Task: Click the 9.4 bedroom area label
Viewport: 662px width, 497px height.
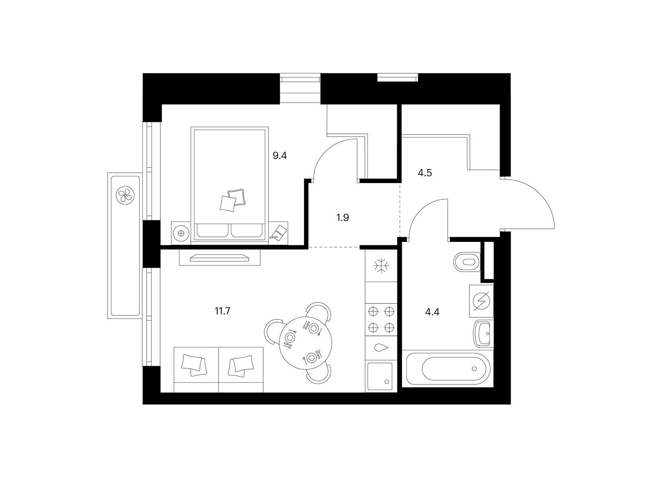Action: tap(279, 156)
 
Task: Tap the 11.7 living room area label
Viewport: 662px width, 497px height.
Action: tap(222, 311)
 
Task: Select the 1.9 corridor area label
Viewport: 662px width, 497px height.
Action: tap(343, 217)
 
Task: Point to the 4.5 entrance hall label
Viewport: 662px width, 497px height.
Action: tap(425, 173)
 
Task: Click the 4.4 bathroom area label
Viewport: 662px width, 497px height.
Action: tap(432, 312)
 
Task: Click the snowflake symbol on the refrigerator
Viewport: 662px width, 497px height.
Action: tap(381, 265)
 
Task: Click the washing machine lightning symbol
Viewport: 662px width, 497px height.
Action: tap(481, 301)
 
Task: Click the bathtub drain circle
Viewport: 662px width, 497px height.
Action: tap(475, 369)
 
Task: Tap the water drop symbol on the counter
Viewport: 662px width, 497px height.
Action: tap(381, 347)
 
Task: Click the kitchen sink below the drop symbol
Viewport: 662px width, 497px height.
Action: tap(380, 376)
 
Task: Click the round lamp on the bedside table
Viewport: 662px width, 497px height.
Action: tap(181, 233)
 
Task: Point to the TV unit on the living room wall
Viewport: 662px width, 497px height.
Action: tap(220, 257)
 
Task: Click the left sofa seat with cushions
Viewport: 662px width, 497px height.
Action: tap(196, 370)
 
